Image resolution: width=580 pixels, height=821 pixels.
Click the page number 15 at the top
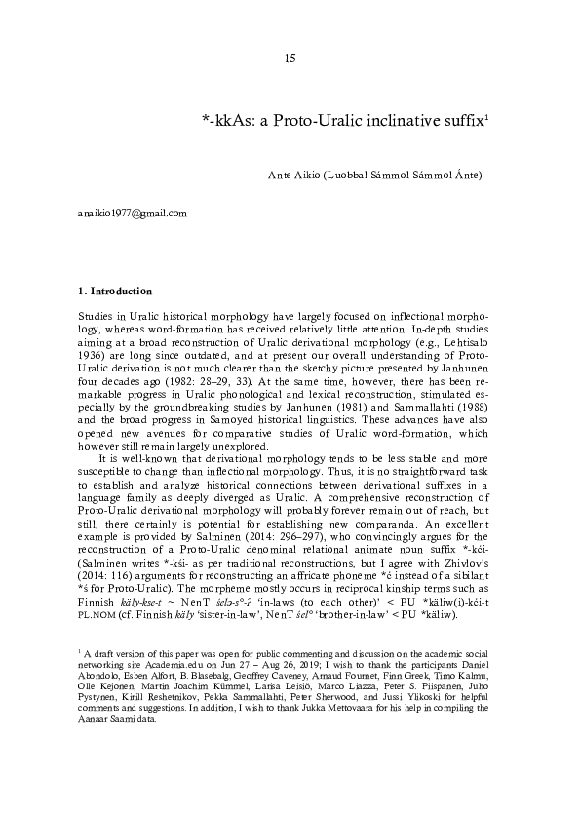tap(290, 60)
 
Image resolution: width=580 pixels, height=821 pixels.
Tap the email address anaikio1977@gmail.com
tap(132, 212)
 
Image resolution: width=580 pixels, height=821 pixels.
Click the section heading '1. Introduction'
tap(114, 291)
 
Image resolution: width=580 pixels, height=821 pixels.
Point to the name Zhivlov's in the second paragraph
tap(472, 562)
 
